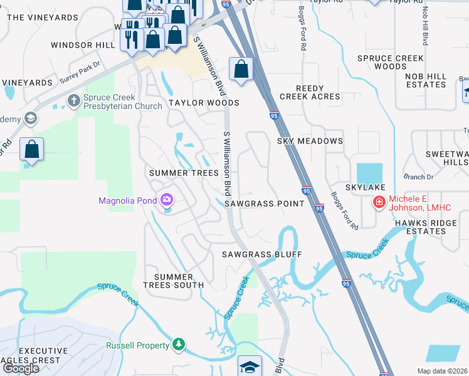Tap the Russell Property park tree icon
[179, 345]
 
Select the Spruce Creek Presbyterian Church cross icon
[73, 100]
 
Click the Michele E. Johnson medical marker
[379, 202]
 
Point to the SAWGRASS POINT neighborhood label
[264, 204]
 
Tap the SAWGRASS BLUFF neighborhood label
[262, 254]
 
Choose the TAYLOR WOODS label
[204, 103]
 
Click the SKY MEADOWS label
[310, 141]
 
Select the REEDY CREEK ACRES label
[310, 92]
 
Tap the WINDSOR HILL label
[83, 45]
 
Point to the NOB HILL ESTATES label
[426, 80]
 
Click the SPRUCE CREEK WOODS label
[391, 62]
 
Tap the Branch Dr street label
[414, 177]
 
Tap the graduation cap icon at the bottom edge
[250, 366]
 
